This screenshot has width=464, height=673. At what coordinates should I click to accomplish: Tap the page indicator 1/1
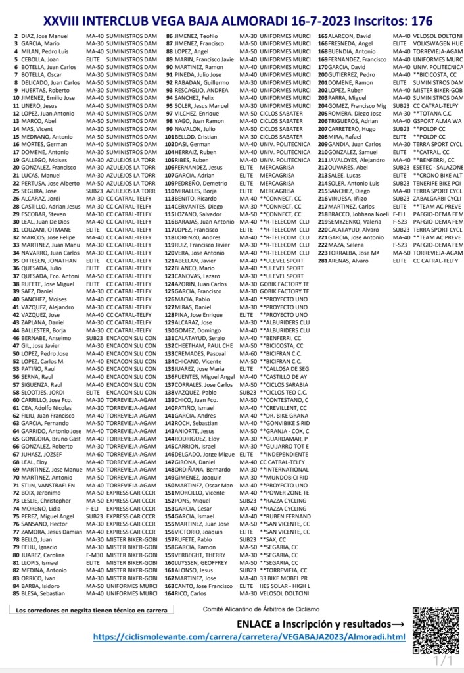coord(444,660)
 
